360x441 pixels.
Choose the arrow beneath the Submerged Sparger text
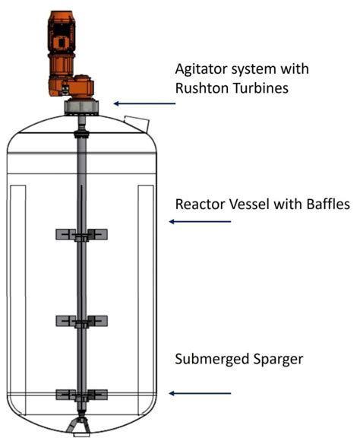click(200, 393)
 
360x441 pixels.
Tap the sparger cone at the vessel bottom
click(78, 427)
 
